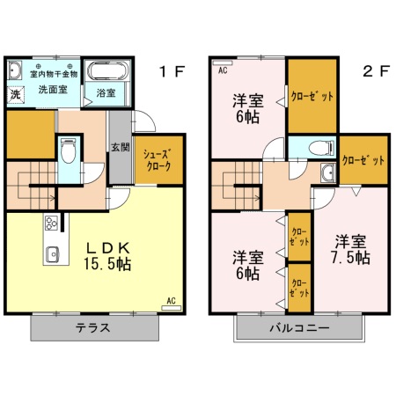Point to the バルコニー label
(x=300, y=328)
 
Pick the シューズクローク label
(x=158, y=158)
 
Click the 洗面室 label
(x=53, y=89)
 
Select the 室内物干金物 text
(x=55, y=73)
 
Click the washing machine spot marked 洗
(x=16, y=93)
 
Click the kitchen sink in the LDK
(x=51, y=255)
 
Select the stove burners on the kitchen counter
(x=50, y=223)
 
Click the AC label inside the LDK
(x=170, y=301)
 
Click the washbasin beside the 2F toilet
(x=328, y=172)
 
